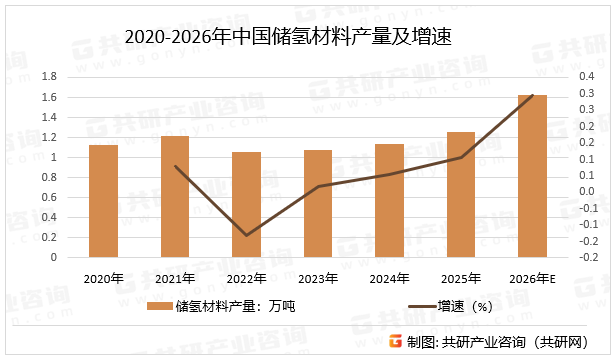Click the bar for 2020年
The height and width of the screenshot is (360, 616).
[x=103, y=201]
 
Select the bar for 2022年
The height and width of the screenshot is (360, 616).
[x=246, y=205]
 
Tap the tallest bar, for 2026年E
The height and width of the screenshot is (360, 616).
[x=532, y=176]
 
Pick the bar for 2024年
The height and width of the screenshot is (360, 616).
[x=389, y=200]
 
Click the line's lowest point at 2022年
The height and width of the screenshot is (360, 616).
[x=246, y=236]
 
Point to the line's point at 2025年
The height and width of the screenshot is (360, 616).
[x=461, y=157]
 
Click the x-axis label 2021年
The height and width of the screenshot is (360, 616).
[x=175, y=278]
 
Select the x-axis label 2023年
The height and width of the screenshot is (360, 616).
[x=318, y=278]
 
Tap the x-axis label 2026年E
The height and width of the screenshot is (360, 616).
[x=532, y=278]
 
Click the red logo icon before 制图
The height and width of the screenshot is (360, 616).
[x=396, y=341]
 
